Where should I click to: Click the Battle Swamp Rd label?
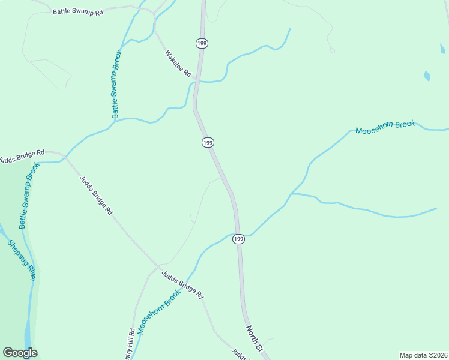click(x=77, y=11)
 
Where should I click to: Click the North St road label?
click(x=255, y=339)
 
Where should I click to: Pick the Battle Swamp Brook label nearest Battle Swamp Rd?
click(x=116, y=83)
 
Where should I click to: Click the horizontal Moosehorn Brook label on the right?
click(x=385, y=127)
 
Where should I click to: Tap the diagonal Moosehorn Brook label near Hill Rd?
click(x=159, y=311)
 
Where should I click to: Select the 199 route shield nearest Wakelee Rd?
click(x=200, y=43)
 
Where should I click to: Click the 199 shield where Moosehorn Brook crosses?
click(x=238, y=239)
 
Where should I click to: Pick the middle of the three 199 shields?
click(x=208, y=142)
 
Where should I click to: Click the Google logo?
click(x=20, y=353)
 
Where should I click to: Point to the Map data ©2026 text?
click(x=423, y=355)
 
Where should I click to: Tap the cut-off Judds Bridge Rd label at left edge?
click(x=22, y=157)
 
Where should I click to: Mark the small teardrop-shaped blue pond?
click(x=426, y=76)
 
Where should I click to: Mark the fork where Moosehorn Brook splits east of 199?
click(x=292, y=193)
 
